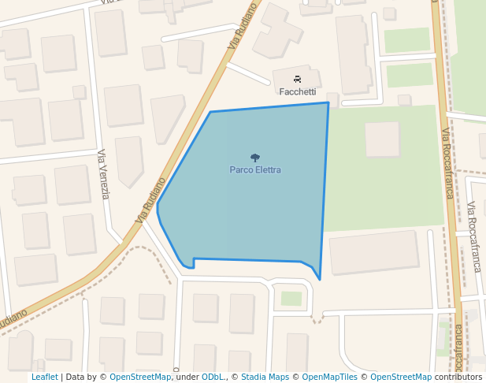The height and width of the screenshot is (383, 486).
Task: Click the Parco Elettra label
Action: tap(255, 169)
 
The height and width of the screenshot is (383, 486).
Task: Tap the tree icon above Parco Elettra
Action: tap(255, 158)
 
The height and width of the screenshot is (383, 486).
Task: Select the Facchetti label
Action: tap(298, 91)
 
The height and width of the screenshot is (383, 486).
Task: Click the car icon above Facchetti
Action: tap(298, 79)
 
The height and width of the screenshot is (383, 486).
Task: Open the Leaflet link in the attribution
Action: tap(44, 377)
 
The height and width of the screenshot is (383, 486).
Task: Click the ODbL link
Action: tap(212, 377)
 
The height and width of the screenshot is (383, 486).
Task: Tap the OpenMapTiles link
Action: tap(329, 377)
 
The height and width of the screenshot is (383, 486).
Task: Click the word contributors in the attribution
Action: tap(458, 377)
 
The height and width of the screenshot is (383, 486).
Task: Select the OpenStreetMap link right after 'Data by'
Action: tap(140, 377)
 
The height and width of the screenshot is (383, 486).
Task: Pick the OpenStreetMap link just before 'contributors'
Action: tap(401, 377)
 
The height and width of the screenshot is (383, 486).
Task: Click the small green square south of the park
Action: tap(291, 299)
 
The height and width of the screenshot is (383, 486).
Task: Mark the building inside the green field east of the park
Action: tap(382, 139)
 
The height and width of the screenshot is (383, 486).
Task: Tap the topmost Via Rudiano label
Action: tap(243, 27)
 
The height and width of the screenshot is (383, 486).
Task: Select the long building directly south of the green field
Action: tap(373, 252)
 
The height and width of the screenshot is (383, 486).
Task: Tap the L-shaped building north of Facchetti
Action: tap(280, 30)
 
